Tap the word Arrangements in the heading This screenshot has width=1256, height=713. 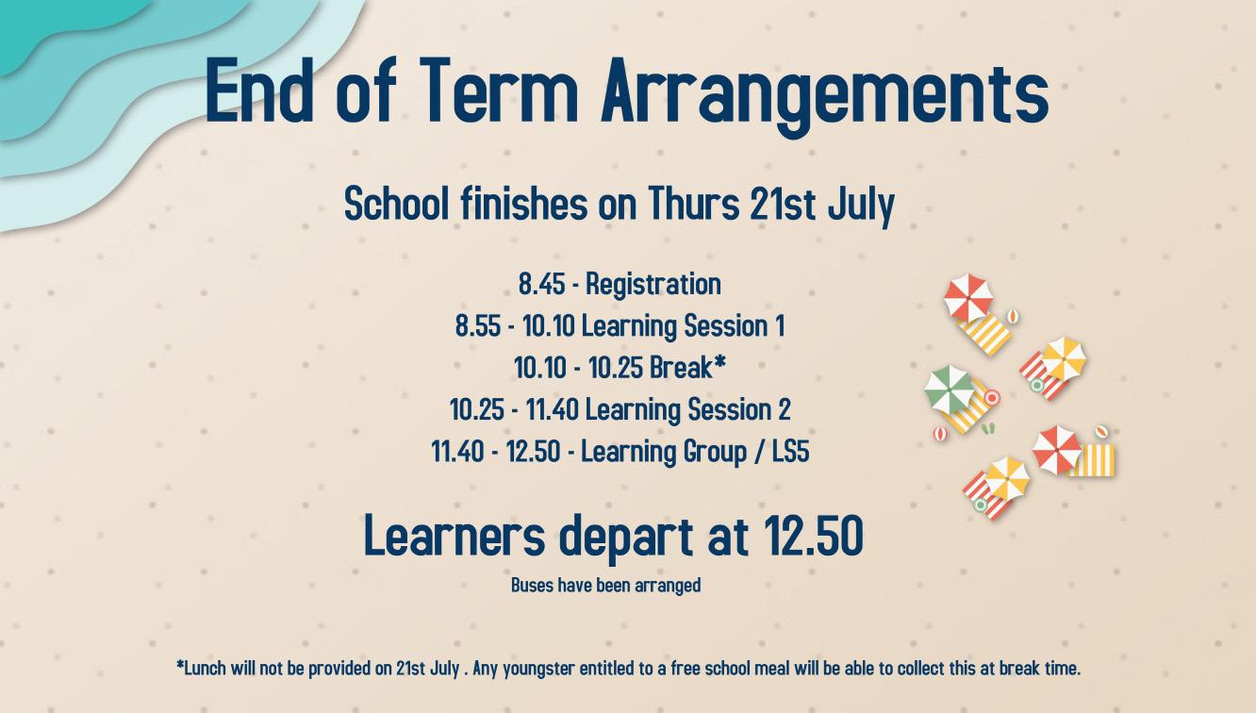point(824,96)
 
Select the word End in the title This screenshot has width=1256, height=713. point(259,90)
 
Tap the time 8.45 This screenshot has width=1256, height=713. point(541,284)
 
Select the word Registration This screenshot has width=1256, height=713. point(653,285)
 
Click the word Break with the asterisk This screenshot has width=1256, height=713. point(687,368)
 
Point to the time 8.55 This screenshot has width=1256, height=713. point(478,326)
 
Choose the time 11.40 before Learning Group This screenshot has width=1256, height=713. point(457,452)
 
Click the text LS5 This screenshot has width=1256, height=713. point(790,452)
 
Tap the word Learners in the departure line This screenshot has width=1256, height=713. point(454,537)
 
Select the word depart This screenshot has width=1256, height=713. point(626,539)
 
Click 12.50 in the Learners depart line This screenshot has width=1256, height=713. point(813,537)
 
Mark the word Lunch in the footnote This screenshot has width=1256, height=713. point(206,668)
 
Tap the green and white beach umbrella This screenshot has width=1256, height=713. point(949,390)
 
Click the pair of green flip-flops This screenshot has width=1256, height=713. point(988,429)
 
